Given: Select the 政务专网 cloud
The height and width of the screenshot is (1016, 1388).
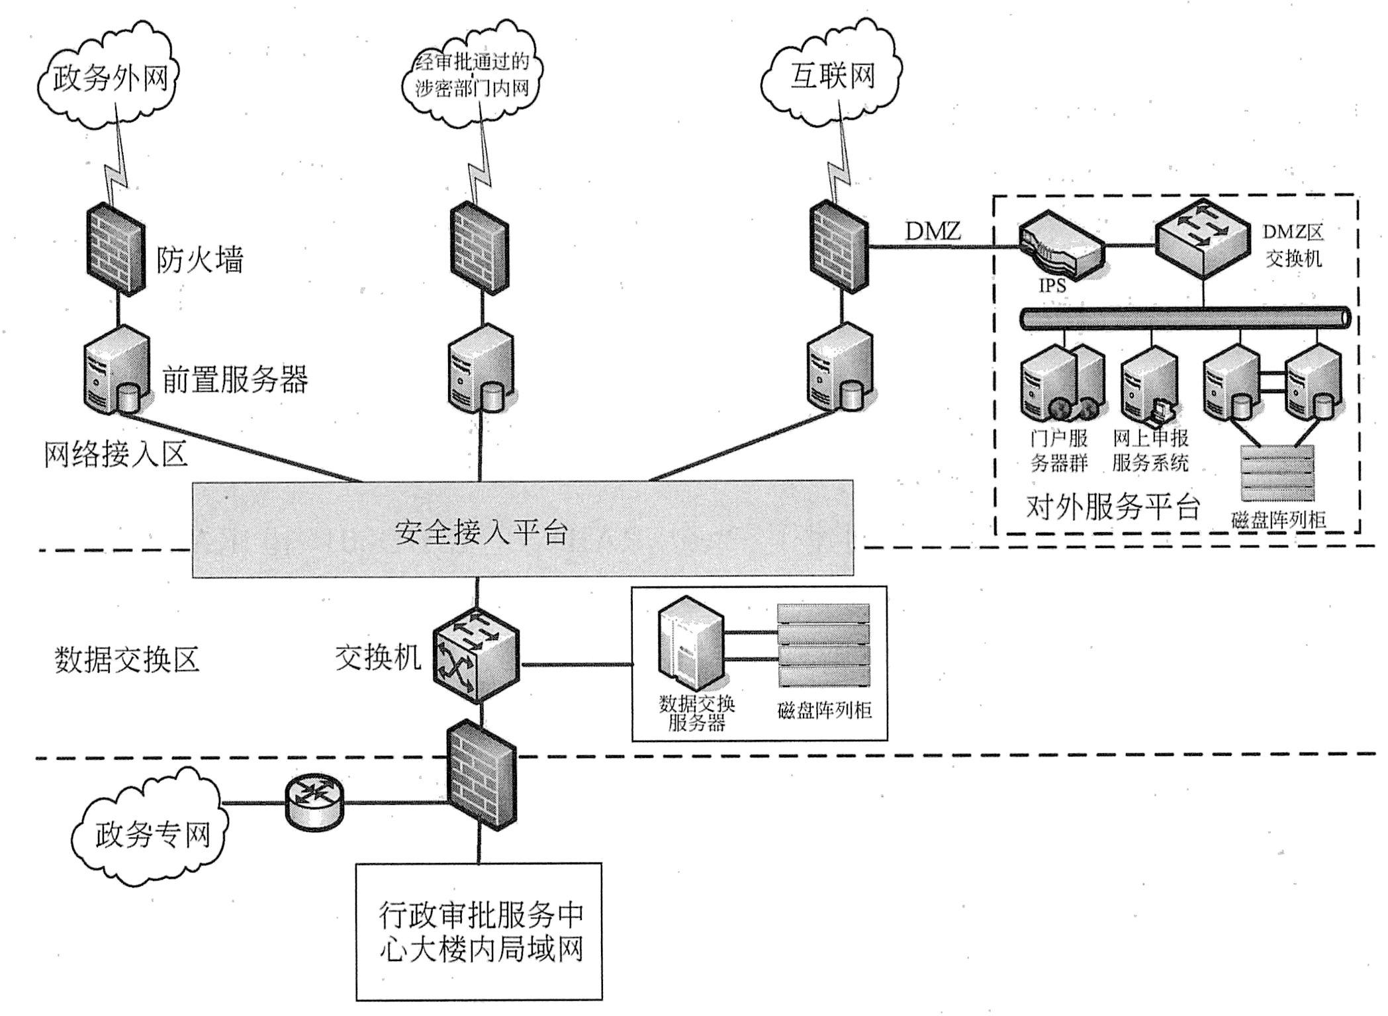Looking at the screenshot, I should point(151,833).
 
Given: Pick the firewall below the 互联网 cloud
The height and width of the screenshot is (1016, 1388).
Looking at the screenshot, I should point(839,246).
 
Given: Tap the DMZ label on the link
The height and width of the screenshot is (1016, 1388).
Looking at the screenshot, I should point(933,231).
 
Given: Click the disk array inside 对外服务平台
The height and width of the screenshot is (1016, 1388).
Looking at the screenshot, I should point(1277,474).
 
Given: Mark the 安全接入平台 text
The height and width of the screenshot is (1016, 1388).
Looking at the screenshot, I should point(481,531).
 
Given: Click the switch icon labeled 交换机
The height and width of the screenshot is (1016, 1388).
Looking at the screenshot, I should point(475,655).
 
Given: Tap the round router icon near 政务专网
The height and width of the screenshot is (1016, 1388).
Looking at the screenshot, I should point(314,803).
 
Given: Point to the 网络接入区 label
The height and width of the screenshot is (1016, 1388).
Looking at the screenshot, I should point(116,454).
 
